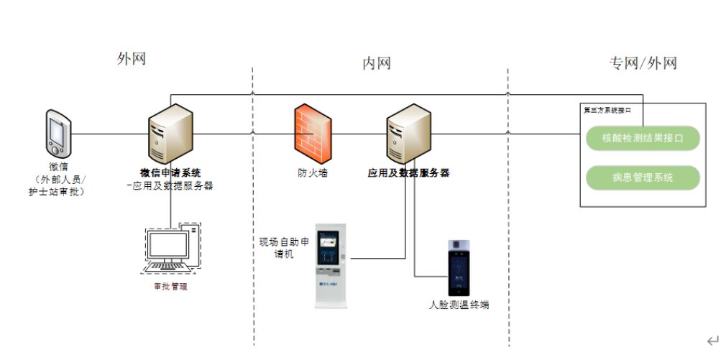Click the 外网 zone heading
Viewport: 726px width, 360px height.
pos(132,59)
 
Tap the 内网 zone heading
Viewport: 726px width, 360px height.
pos(376,63)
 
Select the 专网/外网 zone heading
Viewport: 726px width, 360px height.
pos(643,63)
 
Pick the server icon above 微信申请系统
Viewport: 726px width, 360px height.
pos(170,134)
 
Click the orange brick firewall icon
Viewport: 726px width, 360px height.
pos(311,134)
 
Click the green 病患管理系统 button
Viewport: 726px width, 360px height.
pos(643,177)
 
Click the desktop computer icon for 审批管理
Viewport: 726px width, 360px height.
pos(170,248)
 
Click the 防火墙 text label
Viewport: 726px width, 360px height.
pos(313,173)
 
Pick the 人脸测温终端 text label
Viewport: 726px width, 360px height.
pos(459,305)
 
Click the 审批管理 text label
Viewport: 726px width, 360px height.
pos(170,287)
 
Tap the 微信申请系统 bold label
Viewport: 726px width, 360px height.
pos(170,173)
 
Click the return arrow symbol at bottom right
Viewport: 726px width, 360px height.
pos(712,341)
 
